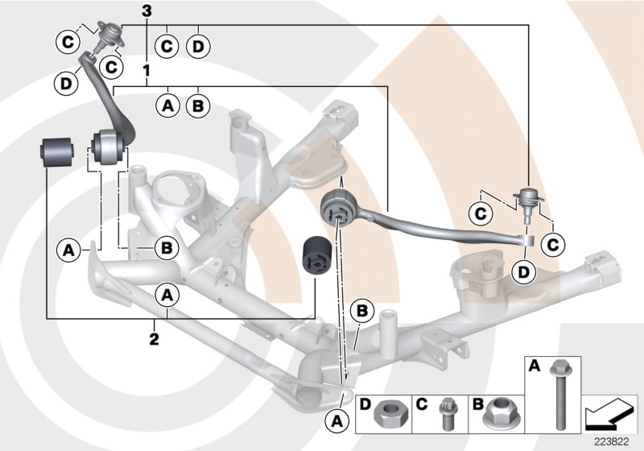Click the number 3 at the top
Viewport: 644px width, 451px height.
pyautogui.click(x=146, y=10)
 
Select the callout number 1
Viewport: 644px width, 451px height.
pyautogui.click(x=146, y=71)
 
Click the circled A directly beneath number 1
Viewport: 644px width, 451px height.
pyautogui.click(x=168, y=105)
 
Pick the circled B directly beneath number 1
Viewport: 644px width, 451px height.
pyautogui.click(x=197, y=105)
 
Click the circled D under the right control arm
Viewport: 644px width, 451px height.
pyautogui.click(x=524, y=272)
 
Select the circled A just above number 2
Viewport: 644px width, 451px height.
pyautogui.click(x=168, y=296)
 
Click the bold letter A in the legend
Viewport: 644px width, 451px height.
pyautogui.click(x=533, y=367)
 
